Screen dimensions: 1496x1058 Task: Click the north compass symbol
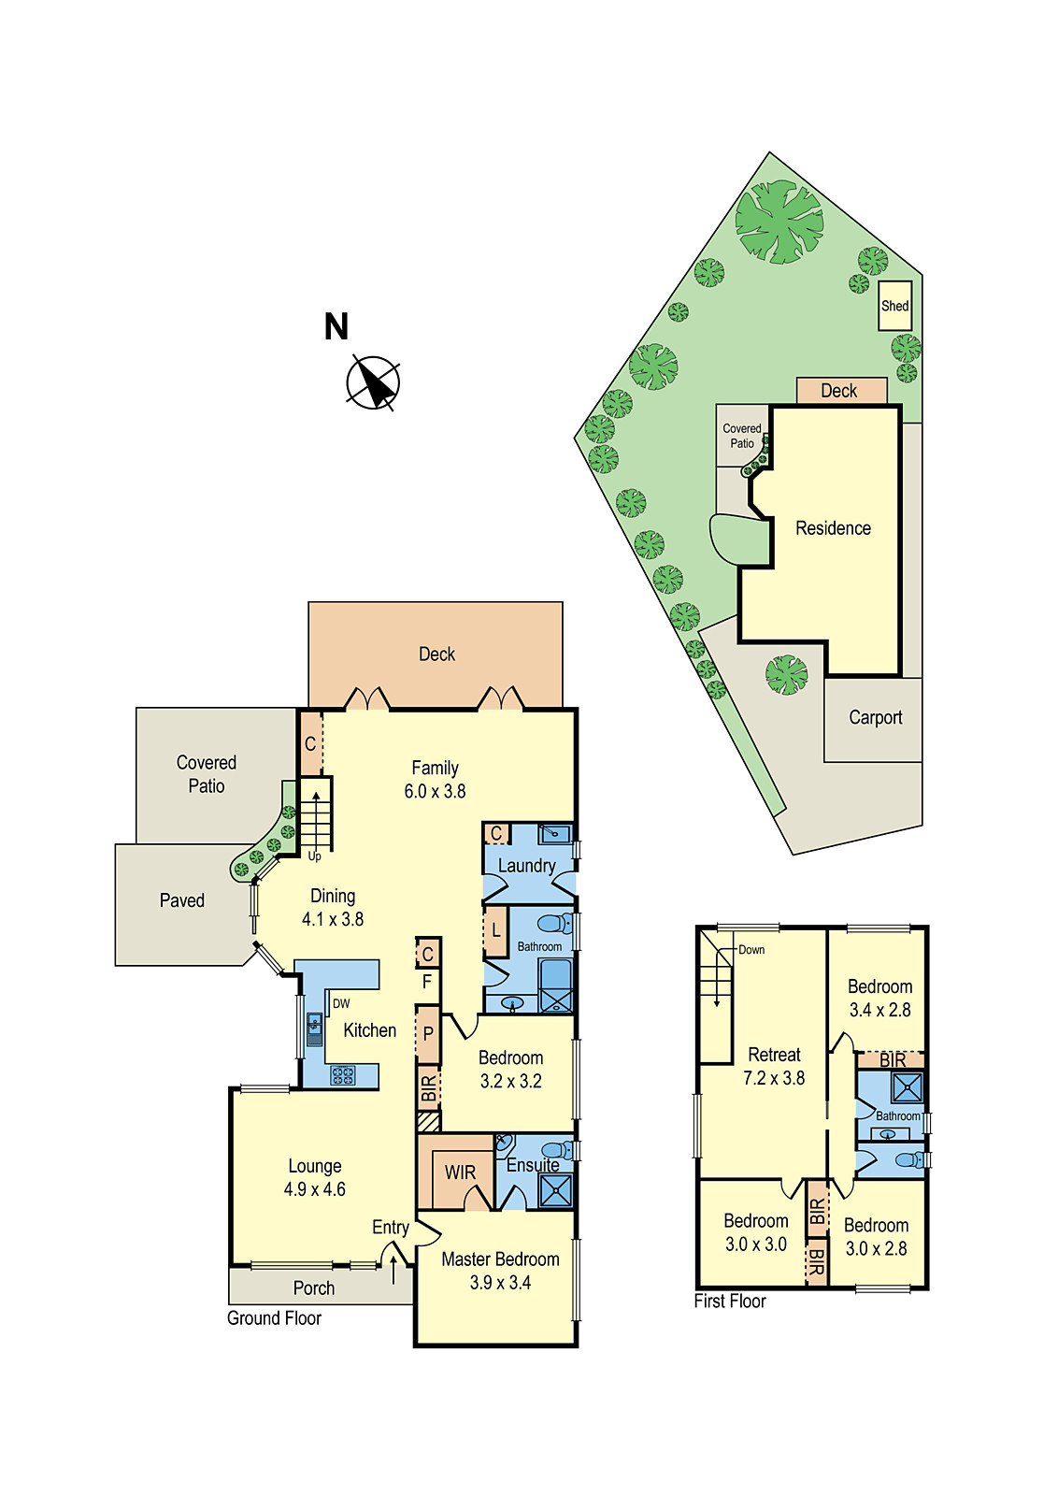(x=374, y=382)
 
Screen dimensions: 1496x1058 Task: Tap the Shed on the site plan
(x=894, y=306)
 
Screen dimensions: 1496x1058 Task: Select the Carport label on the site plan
(x=875, y=717)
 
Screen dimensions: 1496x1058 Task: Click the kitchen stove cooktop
(x=343, y=1075)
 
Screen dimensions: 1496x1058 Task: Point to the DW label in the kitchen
(x=341, y=1003)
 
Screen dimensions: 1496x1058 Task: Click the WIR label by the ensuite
(x=460, y=1172)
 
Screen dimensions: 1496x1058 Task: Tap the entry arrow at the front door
(x=393, y=1269)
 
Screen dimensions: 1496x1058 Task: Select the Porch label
(x=314, y=1287)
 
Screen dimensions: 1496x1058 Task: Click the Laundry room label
(x=526, y=866)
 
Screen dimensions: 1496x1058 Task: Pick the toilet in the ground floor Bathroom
(x=555, y=925)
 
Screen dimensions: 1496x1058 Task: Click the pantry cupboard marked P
(x=428, y=1034)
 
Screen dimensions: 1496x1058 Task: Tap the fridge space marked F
(x=427, y=982)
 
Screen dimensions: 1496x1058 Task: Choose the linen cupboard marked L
(x=495, y=931)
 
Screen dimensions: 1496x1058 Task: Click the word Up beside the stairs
(x=315, y=856)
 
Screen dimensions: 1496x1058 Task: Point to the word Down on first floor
(x=751, y=949)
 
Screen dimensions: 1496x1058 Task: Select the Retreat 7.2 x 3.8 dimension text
(x=774, y=1078)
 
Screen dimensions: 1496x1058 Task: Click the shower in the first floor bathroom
(x=906, y=1087)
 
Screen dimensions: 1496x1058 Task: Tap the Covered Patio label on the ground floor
(x=207, y=774)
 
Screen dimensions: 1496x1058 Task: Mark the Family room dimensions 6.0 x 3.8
(x=435, y=791)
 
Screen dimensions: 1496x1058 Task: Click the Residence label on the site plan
(x=833, y=528)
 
